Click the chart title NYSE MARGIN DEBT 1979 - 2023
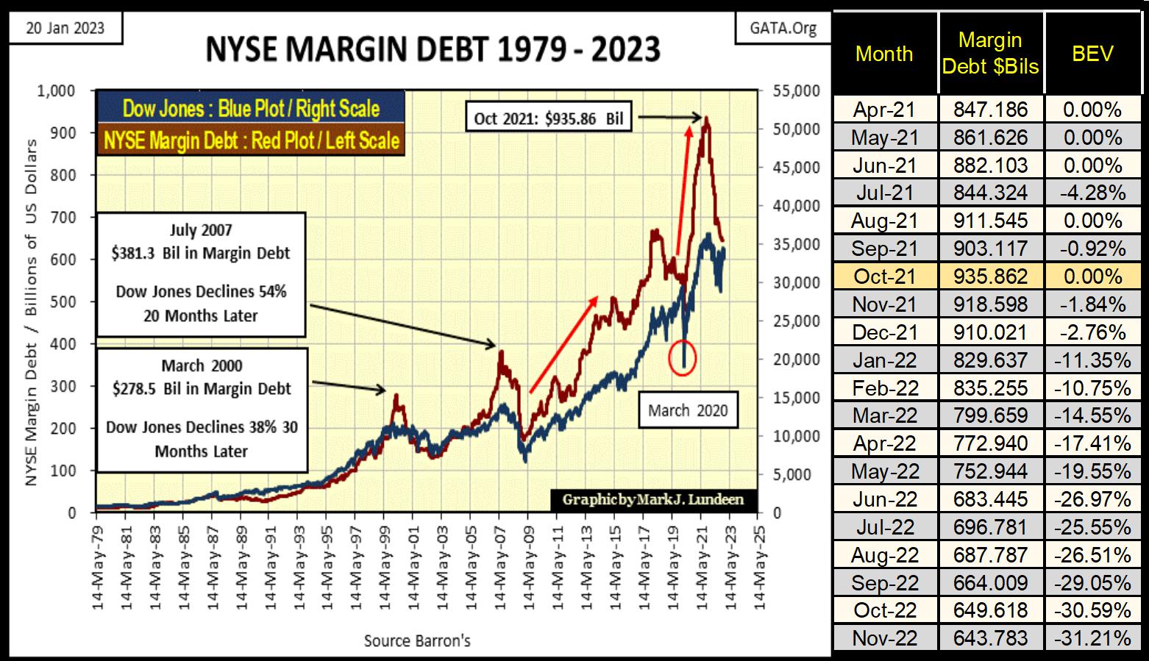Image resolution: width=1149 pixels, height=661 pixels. pos(433,50)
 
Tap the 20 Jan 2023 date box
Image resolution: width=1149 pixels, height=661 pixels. pos(65,29)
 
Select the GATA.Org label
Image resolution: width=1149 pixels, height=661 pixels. pos(783,29)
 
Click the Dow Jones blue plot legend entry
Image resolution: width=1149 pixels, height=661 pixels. pos(250,109)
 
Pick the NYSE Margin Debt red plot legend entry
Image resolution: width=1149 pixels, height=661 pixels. pos(250,140)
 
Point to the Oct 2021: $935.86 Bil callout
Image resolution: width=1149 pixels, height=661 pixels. pos(549,118)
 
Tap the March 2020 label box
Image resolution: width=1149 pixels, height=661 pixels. pos(687,410)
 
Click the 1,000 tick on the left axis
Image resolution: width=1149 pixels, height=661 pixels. pos(55,91)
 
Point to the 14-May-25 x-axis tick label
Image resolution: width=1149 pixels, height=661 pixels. pos(758,566)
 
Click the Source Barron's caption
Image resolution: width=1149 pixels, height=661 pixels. pos(417,640)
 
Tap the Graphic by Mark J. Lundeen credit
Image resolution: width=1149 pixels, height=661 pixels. pos(652,500)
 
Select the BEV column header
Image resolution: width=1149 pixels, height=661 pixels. pos(1092,53)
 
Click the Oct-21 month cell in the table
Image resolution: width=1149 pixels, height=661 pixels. pos(884,276)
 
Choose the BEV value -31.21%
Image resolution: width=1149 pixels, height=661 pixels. pos(1092,637)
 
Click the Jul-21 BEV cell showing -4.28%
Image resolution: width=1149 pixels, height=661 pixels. pos(1092,193)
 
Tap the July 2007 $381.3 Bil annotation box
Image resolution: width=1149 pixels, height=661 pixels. pos(201,274)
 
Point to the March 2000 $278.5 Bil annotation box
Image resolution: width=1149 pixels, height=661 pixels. pos(202,409)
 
